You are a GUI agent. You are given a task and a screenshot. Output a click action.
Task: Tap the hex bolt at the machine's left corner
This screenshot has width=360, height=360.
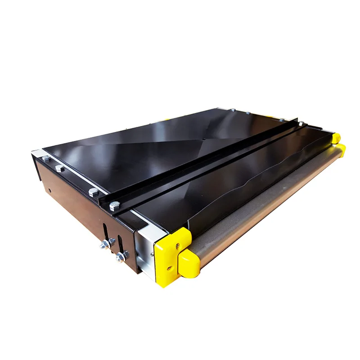[46, 158]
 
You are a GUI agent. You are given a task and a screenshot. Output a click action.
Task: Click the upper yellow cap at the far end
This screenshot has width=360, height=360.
[336, 137]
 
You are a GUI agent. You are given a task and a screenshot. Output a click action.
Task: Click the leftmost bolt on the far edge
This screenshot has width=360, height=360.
[233, 110]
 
